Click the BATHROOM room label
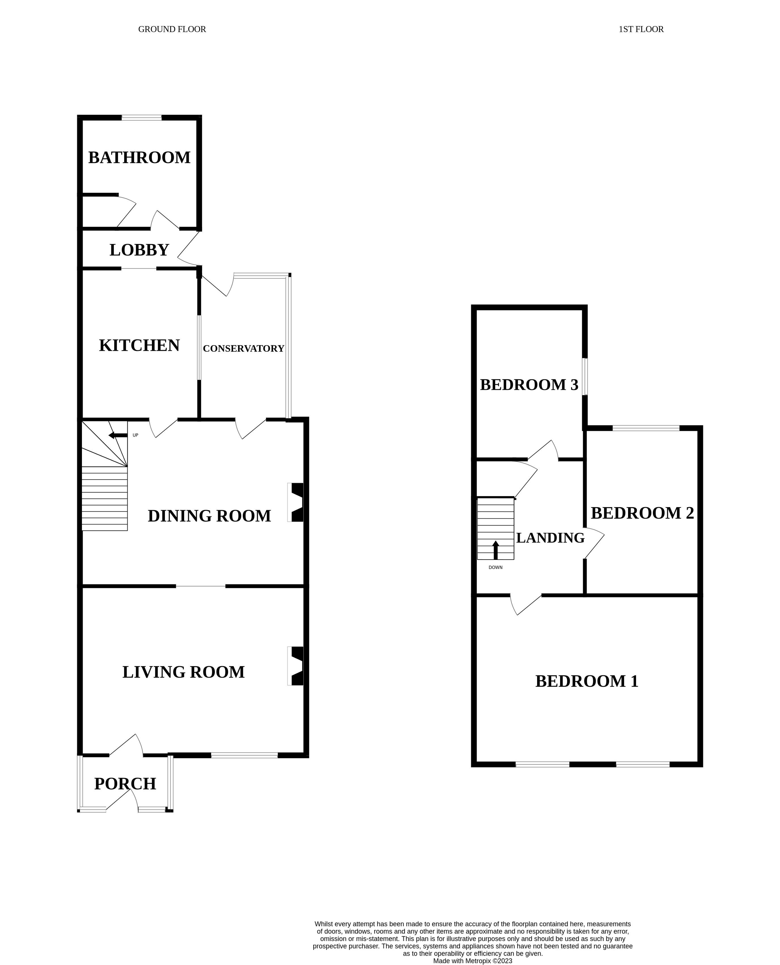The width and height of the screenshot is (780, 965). [x=139, y=158]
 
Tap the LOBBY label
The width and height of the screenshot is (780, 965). [x=139, y=250]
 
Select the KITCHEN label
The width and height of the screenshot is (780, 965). [x=139, y=346]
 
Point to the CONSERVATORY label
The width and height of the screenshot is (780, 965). [x=243, y=348]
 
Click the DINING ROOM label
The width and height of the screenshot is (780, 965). [x=209, y=516]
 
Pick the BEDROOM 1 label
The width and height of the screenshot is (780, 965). [x=586, y=682]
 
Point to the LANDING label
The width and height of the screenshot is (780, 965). [x=550, y=538]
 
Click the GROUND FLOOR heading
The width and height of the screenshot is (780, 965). [x=172, y=29]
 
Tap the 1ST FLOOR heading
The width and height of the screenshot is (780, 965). [x=641, y=29]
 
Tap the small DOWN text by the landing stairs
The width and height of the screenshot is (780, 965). [x=496, y=568]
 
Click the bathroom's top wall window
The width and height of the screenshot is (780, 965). [x=141, y=118]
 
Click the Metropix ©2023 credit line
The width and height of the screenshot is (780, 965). [x=472, y=961]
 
